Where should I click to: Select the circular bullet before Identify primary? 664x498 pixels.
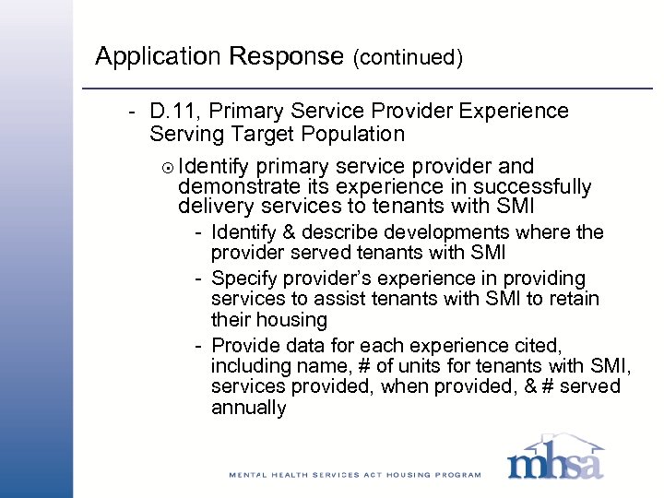(168, 167)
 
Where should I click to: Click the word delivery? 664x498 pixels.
(212, 207)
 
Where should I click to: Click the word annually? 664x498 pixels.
(248, 408)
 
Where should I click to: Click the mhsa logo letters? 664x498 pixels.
(554, 462)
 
